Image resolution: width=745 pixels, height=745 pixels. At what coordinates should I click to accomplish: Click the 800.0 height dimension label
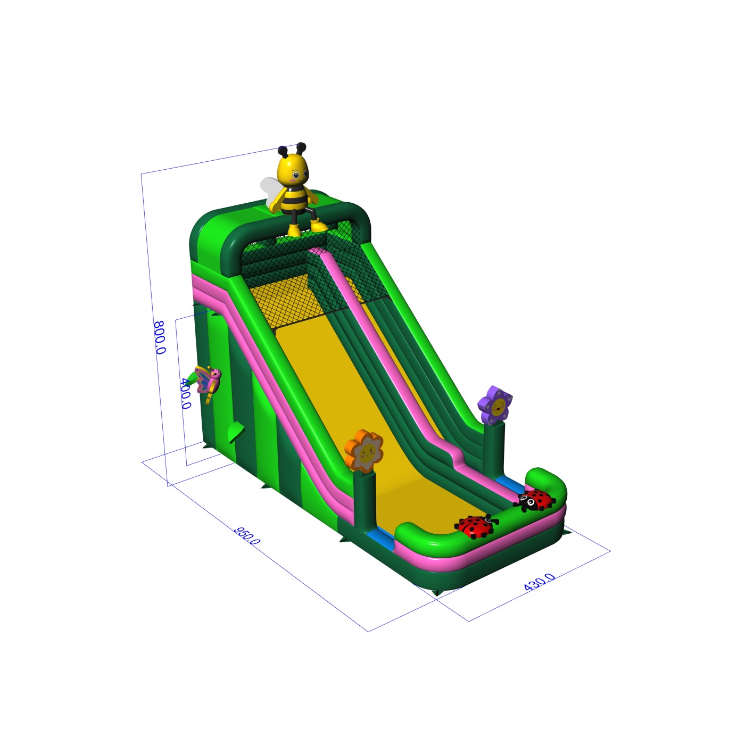pos(159,337)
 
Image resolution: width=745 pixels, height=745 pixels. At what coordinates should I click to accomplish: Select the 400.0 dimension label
pos(186,393)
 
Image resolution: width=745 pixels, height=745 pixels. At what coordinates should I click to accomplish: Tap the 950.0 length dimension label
pos(247,535)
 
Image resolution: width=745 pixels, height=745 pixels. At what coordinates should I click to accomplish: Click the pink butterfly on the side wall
pos(209,381)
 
